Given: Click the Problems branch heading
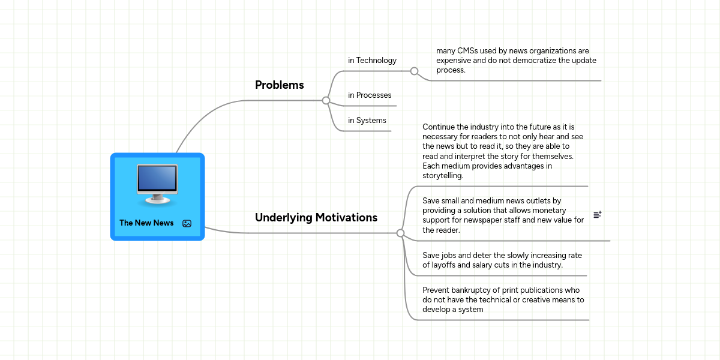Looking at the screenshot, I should [x=279, y=85].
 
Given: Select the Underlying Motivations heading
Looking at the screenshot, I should [x=316, y=218].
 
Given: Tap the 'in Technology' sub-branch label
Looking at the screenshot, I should [x=372, y=61].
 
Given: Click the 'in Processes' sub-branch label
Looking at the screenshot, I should [x=370, y=95].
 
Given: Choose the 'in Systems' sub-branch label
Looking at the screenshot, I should [x=367, y=121].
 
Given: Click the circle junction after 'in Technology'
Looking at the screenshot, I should [x=414, y=71].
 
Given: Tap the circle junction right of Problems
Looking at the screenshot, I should [x=326, y=100].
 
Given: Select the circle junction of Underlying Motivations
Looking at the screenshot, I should [x=400, y=233].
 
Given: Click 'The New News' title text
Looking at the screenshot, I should [x=146, y=223].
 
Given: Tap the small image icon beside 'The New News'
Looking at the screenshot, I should [x=187, y=223].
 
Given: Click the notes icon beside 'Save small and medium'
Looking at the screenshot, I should [x=597, y=214].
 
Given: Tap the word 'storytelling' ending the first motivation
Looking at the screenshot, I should [x=443, y=176].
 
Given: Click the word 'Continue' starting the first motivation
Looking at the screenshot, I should [x=439, y=127].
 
